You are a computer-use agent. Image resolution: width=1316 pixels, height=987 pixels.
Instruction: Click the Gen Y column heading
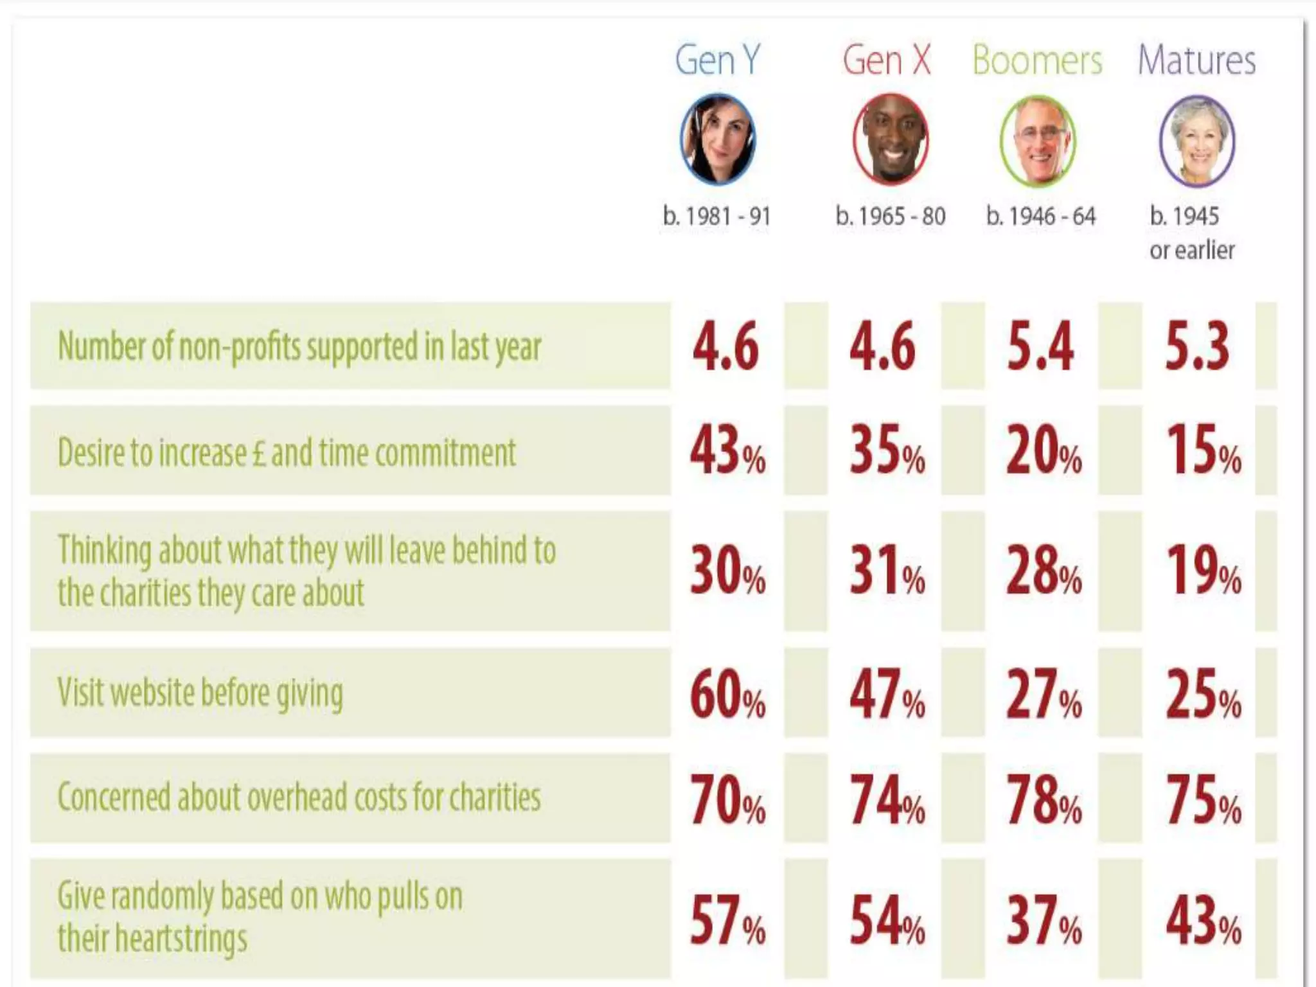pos(717,61)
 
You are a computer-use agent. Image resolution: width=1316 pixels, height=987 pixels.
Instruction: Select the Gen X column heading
pos(887,61)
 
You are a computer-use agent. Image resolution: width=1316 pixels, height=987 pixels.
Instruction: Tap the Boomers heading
pos(1037,61)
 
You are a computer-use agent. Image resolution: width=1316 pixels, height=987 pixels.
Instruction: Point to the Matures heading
pos(1196,61)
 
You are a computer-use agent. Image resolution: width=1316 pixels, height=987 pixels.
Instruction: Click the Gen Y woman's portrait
pos(718,139)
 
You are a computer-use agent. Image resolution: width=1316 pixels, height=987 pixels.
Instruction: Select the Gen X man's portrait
pos(891,139)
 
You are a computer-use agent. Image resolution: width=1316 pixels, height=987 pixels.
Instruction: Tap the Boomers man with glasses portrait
pos(1038,141)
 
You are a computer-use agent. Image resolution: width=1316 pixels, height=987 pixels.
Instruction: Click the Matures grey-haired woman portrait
pos(1197,141)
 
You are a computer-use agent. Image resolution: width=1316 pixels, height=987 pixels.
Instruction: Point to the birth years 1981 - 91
pos(716,217)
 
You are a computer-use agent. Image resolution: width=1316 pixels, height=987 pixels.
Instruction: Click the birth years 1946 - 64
pos(1041,217)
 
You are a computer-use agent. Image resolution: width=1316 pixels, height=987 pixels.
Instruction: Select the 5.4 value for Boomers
pos(1040,346)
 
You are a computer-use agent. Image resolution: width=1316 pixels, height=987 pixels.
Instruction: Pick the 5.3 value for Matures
pos(1197,346)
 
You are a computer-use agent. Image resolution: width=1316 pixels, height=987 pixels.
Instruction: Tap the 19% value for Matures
pos(1203,571)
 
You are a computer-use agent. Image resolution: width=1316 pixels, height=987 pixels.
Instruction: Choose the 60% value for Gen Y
pos(727,694)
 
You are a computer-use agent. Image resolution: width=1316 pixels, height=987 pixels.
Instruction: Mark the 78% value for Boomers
pos(1044,799)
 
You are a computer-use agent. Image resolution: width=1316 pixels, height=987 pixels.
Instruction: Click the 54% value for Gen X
pos(887,920)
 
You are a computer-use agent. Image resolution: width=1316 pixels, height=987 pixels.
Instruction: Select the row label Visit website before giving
pos(200,693)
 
